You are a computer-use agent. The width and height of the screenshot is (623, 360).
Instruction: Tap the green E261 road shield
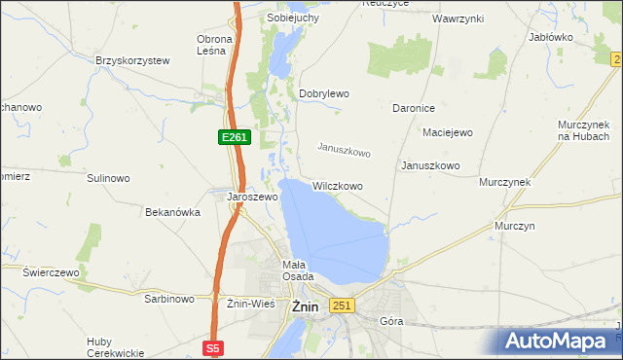click(x=234, y=138)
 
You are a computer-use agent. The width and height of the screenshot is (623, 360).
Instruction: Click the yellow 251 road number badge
click(x=341, y=306)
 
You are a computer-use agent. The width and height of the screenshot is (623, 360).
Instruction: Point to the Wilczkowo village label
click(x=338, y=185)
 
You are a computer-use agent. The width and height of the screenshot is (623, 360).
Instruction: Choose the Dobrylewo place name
click(x=323, y=93)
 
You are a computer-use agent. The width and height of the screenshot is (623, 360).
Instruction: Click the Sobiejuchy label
click(x=294, y=18)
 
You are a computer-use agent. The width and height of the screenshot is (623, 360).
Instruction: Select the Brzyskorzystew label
click(x=132, y=60)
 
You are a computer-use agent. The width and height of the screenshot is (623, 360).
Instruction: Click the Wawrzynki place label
click(x=458, y=18)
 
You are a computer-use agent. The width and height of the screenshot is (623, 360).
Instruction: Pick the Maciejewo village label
click(x=447, y=132)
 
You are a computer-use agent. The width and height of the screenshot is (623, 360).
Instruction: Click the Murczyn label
click(x=515, y=226)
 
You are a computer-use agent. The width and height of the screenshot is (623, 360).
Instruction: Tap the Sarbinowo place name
click(x=170, y=300)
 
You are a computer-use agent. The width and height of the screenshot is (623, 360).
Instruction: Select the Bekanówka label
click(x=172, y=211)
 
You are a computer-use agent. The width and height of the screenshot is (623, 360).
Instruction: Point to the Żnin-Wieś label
click(x=251, y=303)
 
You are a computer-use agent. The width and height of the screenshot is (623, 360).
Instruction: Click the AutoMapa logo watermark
click(x=558, y=342)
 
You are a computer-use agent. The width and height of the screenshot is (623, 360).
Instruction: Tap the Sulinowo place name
click(x=108, y=179)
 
